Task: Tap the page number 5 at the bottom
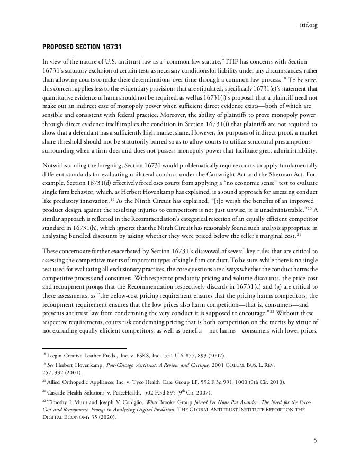(316, 440)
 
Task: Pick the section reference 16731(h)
(124, 226)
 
